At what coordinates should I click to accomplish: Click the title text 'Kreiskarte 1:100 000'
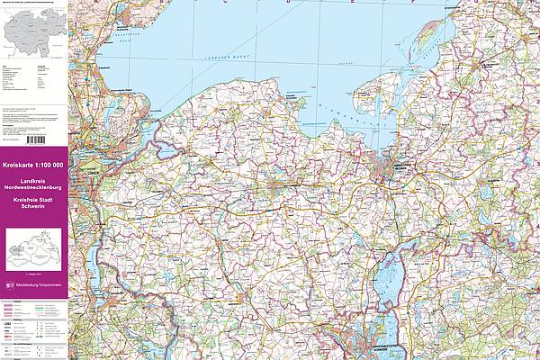(x=33, y=166)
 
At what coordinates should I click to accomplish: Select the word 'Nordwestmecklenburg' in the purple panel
(x=33, y=186)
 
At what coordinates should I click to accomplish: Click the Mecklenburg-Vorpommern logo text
(x=37, y=286)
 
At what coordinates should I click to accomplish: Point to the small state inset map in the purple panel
(x=32, y=248)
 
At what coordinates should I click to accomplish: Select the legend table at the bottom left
(x=33, y=328)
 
